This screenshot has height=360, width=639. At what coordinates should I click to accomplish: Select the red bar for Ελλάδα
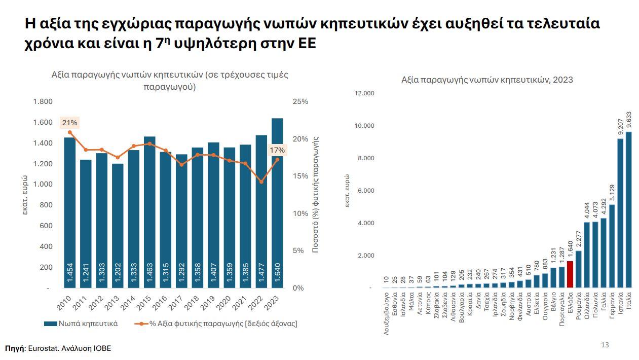coord(570,274)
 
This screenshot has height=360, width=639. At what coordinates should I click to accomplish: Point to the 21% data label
coord(69,123)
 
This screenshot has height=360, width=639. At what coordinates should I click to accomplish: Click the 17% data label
coord(277,150)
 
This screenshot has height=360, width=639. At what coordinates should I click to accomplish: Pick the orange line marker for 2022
coord(261,182)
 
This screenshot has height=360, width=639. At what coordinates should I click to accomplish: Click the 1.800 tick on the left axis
coord(43,101)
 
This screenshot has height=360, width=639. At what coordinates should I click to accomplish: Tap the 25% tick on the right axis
coord(300,101)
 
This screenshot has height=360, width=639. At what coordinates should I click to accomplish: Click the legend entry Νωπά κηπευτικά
coord(81,323)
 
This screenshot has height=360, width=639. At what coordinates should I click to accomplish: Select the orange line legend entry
coord(215,323)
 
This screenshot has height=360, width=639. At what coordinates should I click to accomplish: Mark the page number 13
coord(605,345)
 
